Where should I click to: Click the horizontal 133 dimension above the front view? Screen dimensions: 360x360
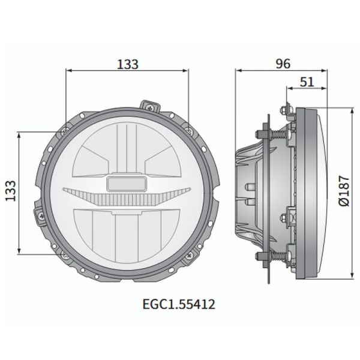coord(127,64)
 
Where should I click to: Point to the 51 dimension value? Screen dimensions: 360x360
coord(307,82)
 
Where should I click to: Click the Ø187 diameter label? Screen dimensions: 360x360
coord(343,193)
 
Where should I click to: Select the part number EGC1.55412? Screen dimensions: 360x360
coord(179,304)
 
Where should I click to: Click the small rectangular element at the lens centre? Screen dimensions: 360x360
coord(126,184)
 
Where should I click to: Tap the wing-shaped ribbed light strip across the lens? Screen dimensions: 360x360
coord(126,194)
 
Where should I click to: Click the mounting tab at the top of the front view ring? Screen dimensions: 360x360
coord(148,106)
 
